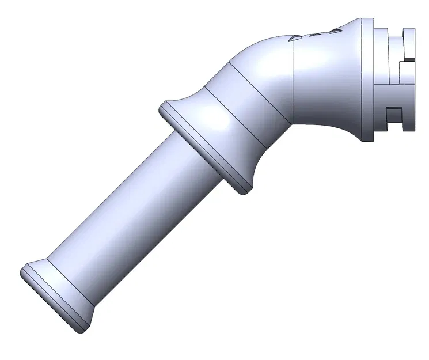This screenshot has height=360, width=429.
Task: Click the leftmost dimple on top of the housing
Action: pyautogui.click(x=294, y=38)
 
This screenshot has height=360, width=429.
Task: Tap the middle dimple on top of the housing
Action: pyautogui.click(x=315, y=34)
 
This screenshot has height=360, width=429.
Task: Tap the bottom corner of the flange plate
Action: pyautogui.click(x=367, y=140)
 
